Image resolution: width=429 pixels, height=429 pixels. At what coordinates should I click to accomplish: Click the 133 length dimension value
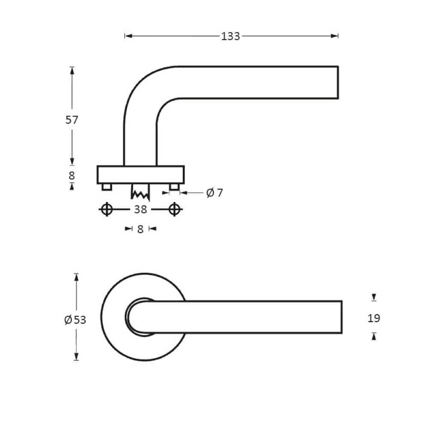pyautogui.click(x=230, y=36)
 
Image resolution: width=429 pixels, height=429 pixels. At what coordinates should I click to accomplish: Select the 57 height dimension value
pyautogui.click(x=72, y=120)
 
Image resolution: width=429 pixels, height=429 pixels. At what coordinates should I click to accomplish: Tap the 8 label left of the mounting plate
pyautogui.click(x=72, y=175)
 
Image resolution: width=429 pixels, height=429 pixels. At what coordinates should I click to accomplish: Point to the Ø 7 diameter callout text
pyautogui.click(x=214, y=193)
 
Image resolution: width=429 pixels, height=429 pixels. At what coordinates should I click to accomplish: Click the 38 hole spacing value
pyautogui.click(x=140, y=209)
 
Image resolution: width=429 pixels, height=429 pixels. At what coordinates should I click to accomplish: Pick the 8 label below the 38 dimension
pyautogui.click(x=140, y=229)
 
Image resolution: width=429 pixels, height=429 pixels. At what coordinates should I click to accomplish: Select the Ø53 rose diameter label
pyautogui.click(x=75, y=320)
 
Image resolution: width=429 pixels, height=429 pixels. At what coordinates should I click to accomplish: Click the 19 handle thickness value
pyautogui.click(x=374, y=318)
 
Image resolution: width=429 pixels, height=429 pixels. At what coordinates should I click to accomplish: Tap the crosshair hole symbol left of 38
pyautogui.click(x=107, y=209)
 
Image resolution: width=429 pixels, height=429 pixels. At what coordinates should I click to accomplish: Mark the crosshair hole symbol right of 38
pyautogui.click(x=174, y=209)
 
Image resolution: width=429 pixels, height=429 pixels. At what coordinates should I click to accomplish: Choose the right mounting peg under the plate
pyautogui.click(x=174, y=187)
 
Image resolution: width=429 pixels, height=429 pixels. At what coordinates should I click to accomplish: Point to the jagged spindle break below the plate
pyautogui.click(x=140, y=193)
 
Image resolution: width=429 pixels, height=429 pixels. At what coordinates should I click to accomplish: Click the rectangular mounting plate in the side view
pyautogui.click(x=141, y=175)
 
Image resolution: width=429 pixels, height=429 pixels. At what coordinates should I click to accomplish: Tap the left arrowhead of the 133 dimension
pyautogui.click(x=127, y=36)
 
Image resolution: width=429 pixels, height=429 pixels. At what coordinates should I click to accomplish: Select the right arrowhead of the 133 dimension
pyautogui.click(x=335, y=36)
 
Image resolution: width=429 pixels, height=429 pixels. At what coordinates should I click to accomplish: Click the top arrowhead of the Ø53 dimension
pyautogui.click(x=76, y=277)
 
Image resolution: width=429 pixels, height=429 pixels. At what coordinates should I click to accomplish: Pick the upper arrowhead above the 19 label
pyautogui.click(x=374, y=297)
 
